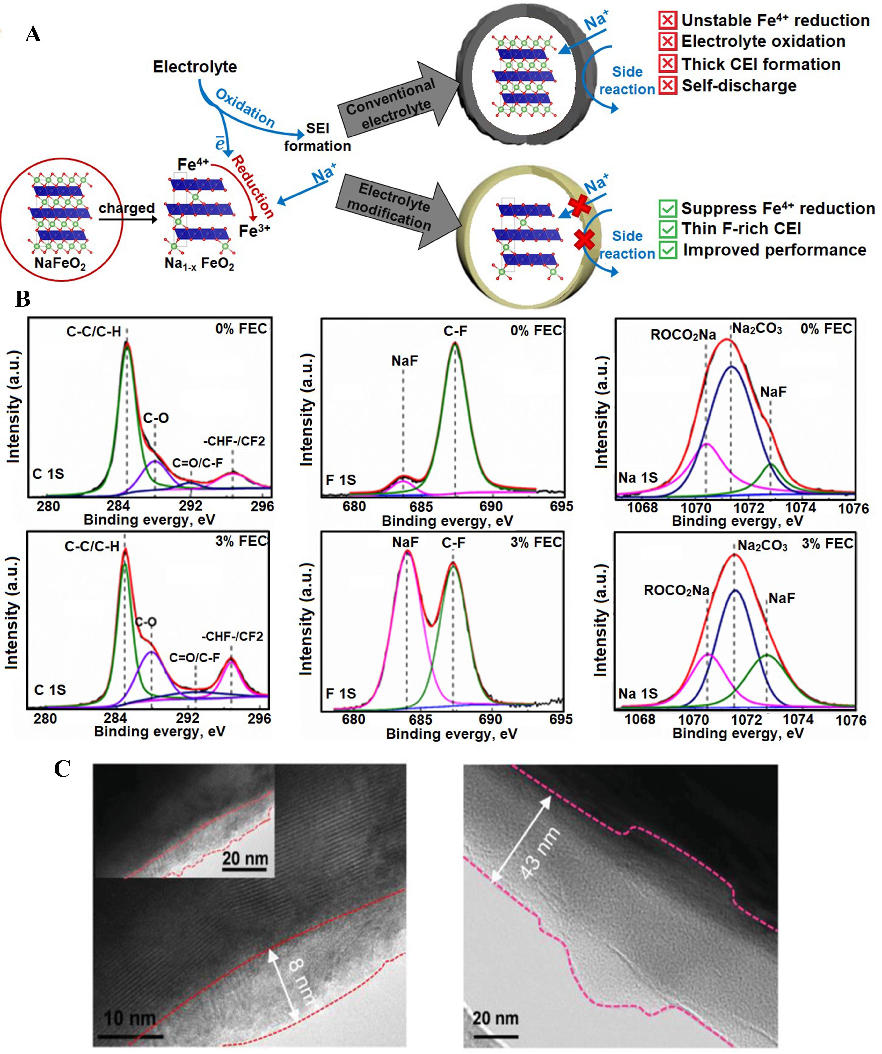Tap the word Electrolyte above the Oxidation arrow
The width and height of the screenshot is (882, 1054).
click(x=195, y=67)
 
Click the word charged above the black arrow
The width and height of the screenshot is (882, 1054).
click(x=126, y=208)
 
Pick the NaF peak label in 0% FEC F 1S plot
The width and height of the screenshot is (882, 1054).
click(x=404, y=361)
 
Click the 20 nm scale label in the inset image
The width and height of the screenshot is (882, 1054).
click(x=245, y=858)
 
